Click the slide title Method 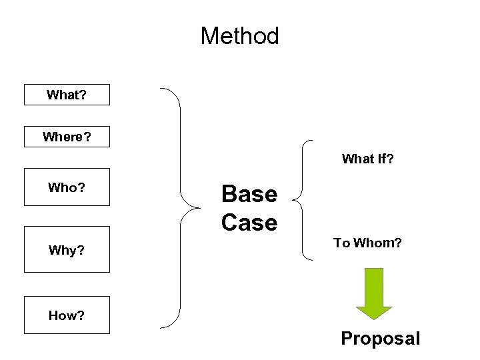pyautogui.click(x=239, y=36)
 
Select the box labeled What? pyautogui.click(x=67, y=95)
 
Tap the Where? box pyautogui.click(x=67, y=137)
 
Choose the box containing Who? pyautogui.click(x=67, y=187)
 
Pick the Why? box pyautogui.click(x=67, y=250)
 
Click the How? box pyautogui.click(x=67, y=315)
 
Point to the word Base pyautogui.click(x=249, y=194)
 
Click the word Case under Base pyautogui.click(x=249, y=223)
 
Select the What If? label pyautogui.click(x=367, y=159)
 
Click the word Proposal pyautogui.click(x=380, y=339)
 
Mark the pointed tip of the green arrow pyautogui.click(x=374, y=319)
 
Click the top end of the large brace pyautogui.click(x=161, y=88)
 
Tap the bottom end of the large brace pyautogui.click(x=161, y=327)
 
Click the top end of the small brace pyautogui.click(x=312, y=141)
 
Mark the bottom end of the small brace pyautogui.click(x=312, y=259)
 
